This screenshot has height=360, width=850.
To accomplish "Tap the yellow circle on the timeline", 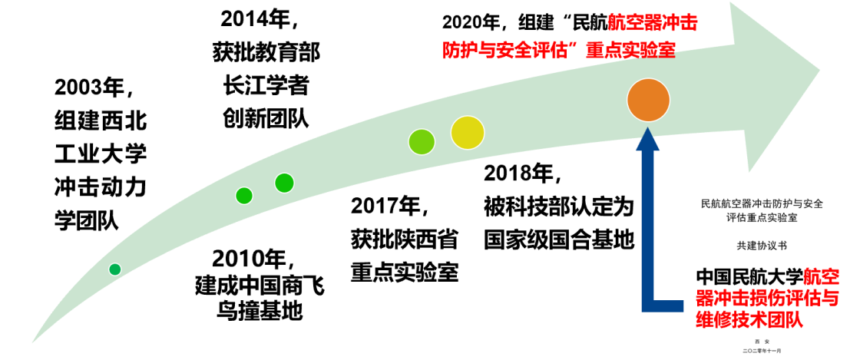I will pos(467,132).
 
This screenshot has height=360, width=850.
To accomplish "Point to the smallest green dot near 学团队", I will pos(115,269).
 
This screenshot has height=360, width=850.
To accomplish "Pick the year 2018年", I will pos(523,173).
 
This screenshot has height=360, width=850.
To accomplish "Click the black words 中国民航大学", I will pos(749,276).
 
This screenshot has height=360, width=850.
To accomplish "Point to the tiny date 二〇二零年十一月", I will pos(761,350).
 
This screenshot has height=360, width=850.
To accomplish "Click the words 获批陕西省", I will pos(405,239).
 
